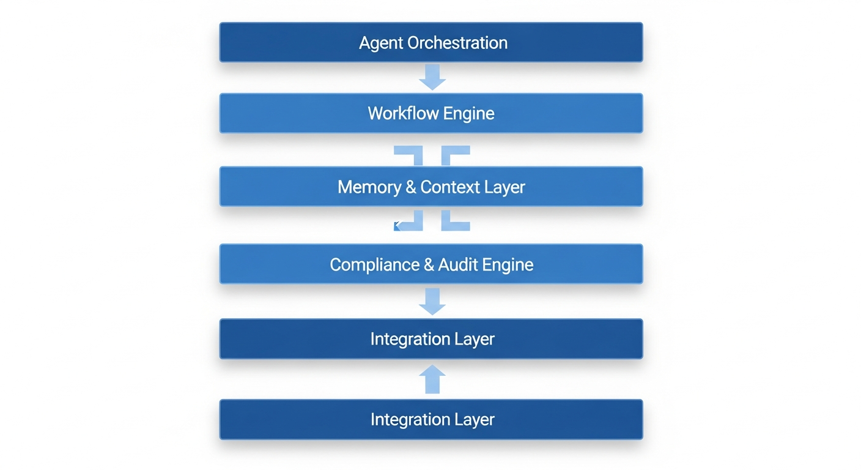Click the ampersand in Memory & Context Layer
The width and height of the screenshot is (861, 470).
click(412, 187)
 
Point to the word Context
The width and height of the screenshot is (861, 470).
click(450, 187)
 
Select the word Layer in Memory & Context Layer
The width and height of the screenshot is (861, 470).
click(504, 187)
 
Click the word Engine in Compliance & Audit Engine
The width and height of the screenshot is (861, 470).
click(508, 264)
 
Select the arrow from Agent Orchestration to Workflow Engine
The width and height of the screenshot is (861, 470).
click(432, 77)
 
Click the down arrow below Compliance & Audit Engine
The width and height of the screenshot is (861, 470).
click(432, 301)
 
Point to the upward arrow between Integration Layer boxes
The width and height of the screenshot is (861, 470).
click(432, 379)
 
